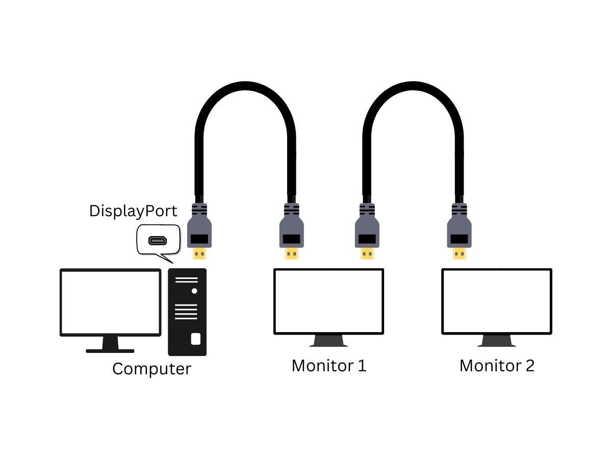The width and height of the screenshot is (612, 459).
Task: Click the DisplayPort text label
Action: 133,212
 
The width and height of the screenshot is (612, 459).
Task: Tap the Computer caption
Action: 151,369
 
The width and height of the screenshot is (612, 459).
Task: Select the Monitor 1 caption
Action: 329,366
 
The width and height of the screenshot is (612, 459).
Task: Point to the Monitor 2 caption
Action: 497,366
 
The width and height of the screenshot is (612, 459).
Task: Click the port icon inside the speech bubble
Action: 158,241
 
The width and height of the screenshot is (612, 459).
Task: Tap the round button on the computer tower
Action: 194,291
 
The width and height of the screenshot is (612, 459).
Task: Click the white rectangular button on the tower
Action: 196,339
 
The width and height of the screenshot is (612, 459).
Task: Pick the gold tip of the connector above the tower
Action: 199,253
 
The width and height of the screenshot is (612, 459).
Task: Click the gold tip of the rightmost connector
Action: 459,253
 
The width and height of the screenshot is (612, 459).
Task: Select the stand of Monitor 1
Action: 329,341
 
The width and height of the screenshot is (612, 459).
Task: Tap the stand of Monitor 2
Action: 497,341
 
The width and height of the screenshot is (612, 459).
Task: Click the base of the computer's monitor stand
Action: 110,351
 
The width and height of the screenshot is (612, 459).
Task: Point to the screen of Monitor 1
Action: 329,301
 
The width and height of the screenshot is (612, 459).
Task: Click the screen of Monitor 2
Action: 497,301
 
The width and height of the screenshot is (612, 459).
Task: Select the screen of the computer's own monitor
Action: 110,302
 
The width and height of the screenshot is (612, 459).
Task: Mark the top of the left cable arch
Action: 245,86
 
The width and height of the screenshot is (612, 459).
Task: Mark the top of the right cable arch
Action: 413,86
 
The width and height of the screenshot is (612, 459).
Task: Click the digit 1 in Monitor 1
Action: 362,366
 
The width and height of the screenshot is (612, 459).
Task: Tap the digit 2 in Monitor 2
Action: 530,366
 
